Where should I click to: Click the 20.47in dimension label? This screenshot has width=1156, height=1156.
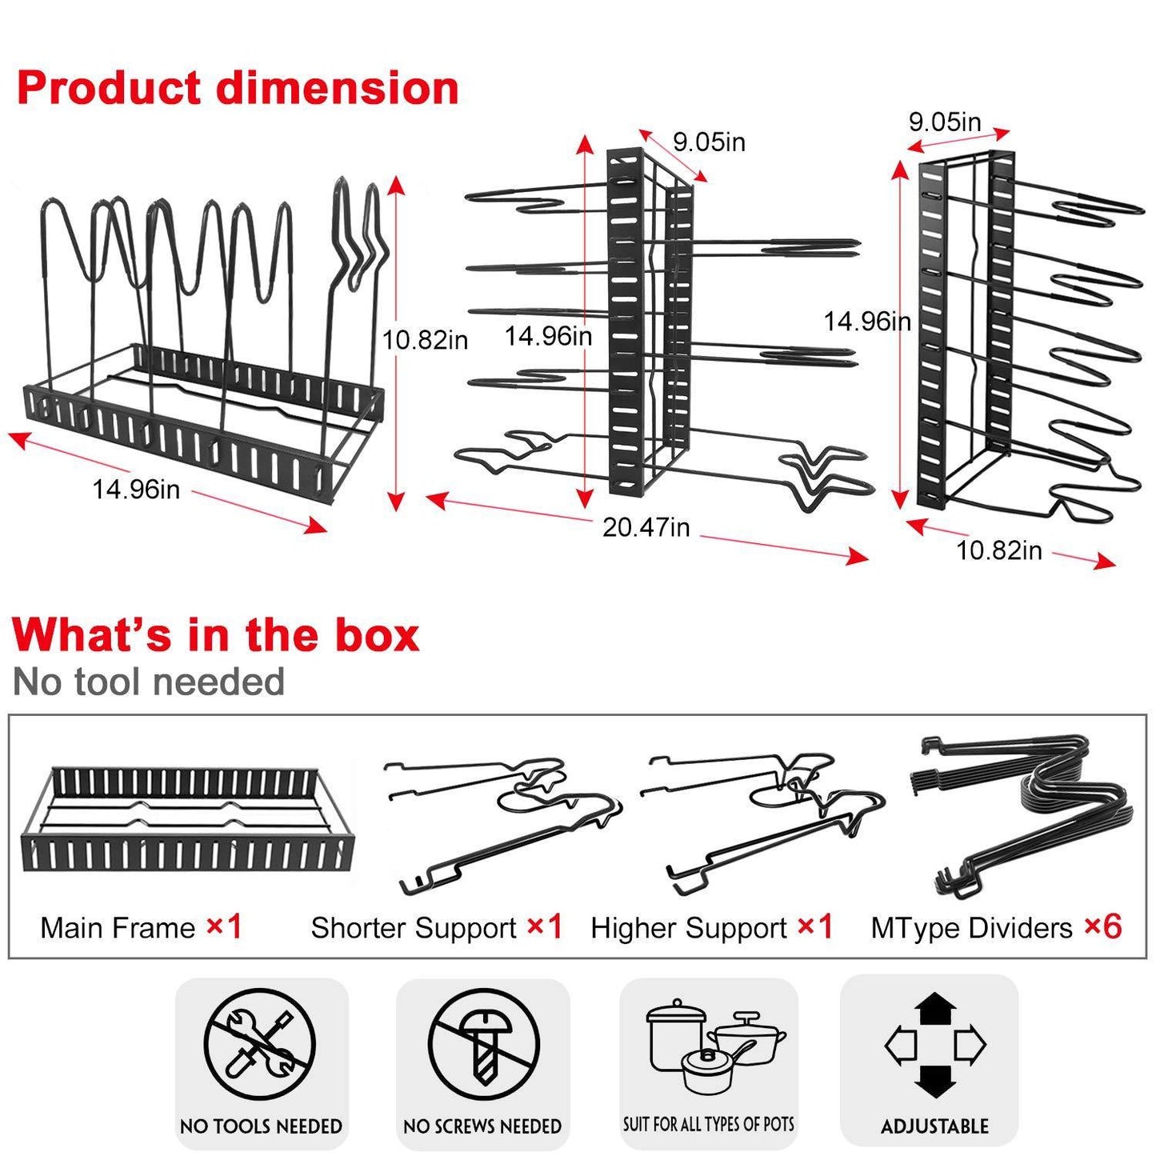[x=646, y=528]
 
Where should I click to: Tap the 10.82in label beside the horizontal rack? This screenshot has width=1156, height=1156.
[x=425, y=340]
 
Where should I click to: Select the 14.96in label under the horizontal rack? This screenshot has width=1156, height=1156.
[x=136, y=489]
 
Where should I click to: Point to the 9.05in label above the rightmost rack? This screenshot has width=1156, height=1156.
[x=944, y=122]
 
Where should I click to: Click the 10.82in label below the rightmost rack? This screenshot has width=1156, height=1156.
[x=999, y=550]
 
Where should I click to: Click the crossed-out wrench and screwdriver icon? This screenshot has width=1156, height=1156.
[x=260, y=1044]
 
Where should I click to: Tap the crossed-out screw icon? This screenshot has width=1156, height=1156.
[x=483, y=1044]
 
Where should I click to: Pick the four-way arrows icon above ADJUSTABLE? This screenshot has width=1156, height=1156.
[x=934, y=1044]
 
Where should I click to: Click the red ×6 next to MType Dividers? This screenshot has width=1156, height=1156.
[x=1103, y=927]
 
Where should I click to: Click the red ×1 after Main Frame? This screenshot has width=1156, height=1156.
[x=225, y=927]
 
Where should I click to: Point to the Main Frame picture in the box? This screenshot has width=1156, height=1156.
[x=187, y=822]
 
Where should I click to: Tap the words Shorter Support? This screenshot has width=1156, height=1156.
[x=414, y=928]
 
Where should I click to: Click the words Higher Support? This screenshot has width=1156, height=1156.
[x=689, y=928]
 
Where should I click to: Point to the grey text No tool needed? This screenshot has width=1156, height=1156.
[x=149, y=682]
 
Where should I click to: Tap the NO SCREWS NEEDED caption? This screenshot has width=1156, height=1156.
[x=482, y=1126]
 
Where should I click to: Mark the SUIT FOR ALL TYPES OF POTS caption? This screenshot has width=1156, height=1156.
[x=709, y=1124]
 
